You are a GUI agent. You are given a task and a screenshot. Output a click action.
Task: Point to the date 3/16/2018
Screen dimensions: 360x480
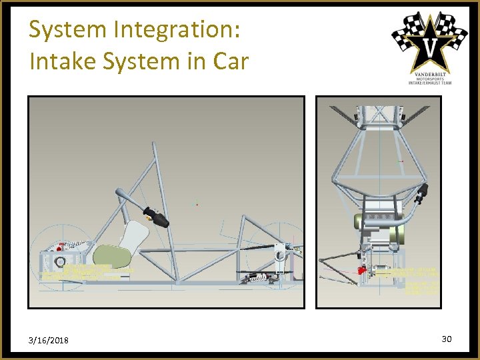pos(49,341)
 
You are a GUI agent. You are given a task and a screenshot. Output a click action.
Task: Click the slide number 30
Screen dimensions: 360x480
pos(447,339)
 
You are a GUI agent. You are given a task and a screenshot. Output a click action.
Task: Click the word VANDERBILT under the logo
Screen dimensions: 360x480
pos(429,72)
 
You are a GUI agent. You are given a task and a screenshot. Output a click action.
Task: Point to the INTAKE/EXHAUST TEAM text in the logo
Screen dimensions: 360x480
pos(429,82)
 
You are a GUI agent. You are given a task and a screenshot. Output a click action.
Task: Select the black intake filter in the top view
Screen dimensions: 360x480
pos(421,194)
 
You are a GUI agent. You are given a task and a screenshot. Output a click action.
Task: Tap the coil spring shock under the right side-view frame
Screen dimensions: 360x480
pos(257,277)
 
